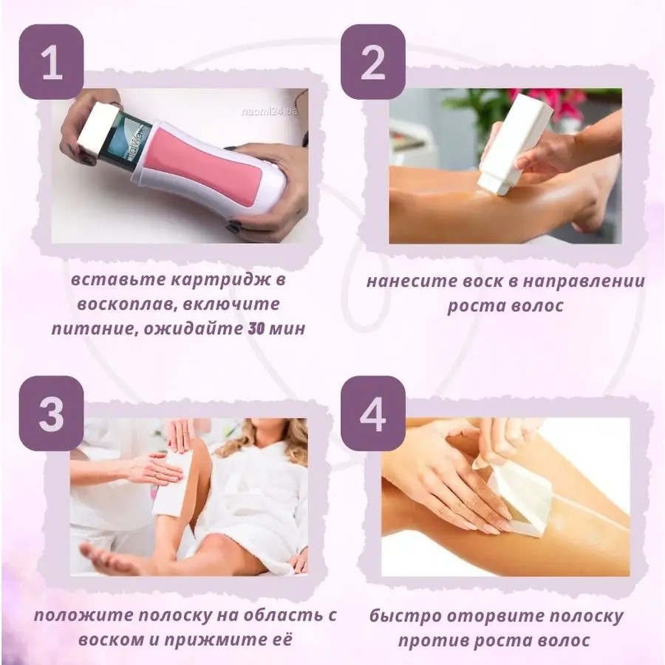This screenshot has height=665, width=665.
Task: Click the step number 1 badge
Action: click(x=51, y=62)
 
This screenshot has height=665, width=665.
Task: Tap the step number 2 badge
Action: click(x=373, y=62)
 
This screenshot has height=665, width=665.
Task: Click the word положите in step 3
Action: click(x=83, y=615)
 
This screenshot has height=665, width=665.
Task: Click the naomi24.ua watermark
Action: click(x=270, y=112)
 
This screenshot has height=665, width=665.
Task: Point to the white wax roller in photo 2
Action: click(x=515, y=145)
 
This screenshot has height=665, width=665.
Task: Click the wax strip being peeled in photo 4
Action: click(x=519, y=501)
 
